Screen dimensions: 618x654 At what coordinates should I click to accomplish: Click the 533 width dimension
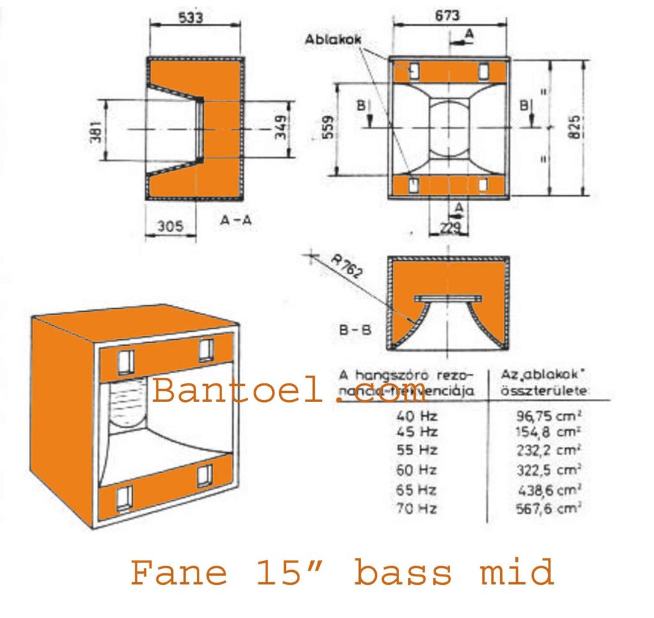(x=191, y=19)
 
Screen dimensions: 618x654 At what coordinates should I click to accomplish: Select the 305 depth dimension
(x=170, y=226)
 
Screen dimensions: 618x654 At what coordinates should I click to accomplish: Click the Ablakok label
(x=333, y=40)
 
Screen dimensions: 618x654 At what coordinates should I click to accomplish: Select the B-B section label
(x=355, y=330)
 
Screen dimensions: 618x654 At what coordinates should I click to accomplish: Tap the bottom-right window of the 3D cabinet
(x=205, y=475)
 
